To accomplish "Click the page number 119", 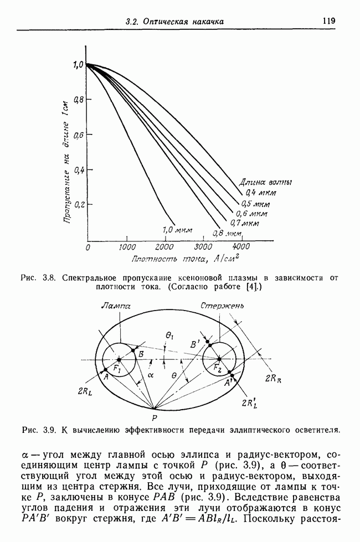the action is tap(329, 20).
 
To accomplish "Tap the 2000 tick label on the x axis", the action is tap(164, 247).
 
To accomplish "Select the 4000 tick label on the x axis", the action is tap(241, 247).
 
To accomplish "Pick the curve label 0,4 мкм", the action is tap(261, 193).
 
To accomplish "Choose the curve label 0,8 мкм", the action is tap(227, 234).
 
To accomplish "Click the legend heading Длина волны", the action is tap(266, 182).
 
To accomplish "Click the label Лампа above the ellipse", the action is tap(116, 306).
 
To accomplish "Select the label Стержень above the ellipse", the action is tap(222, 306).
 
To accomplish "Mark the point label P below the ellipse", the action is tap(154, 418).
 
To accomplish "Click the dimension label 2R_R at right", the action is tap(273, 379).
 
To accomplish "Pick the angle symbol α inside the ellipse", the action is tap(151, 375).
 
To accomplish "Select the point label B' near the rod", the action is tap(195, 344).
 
